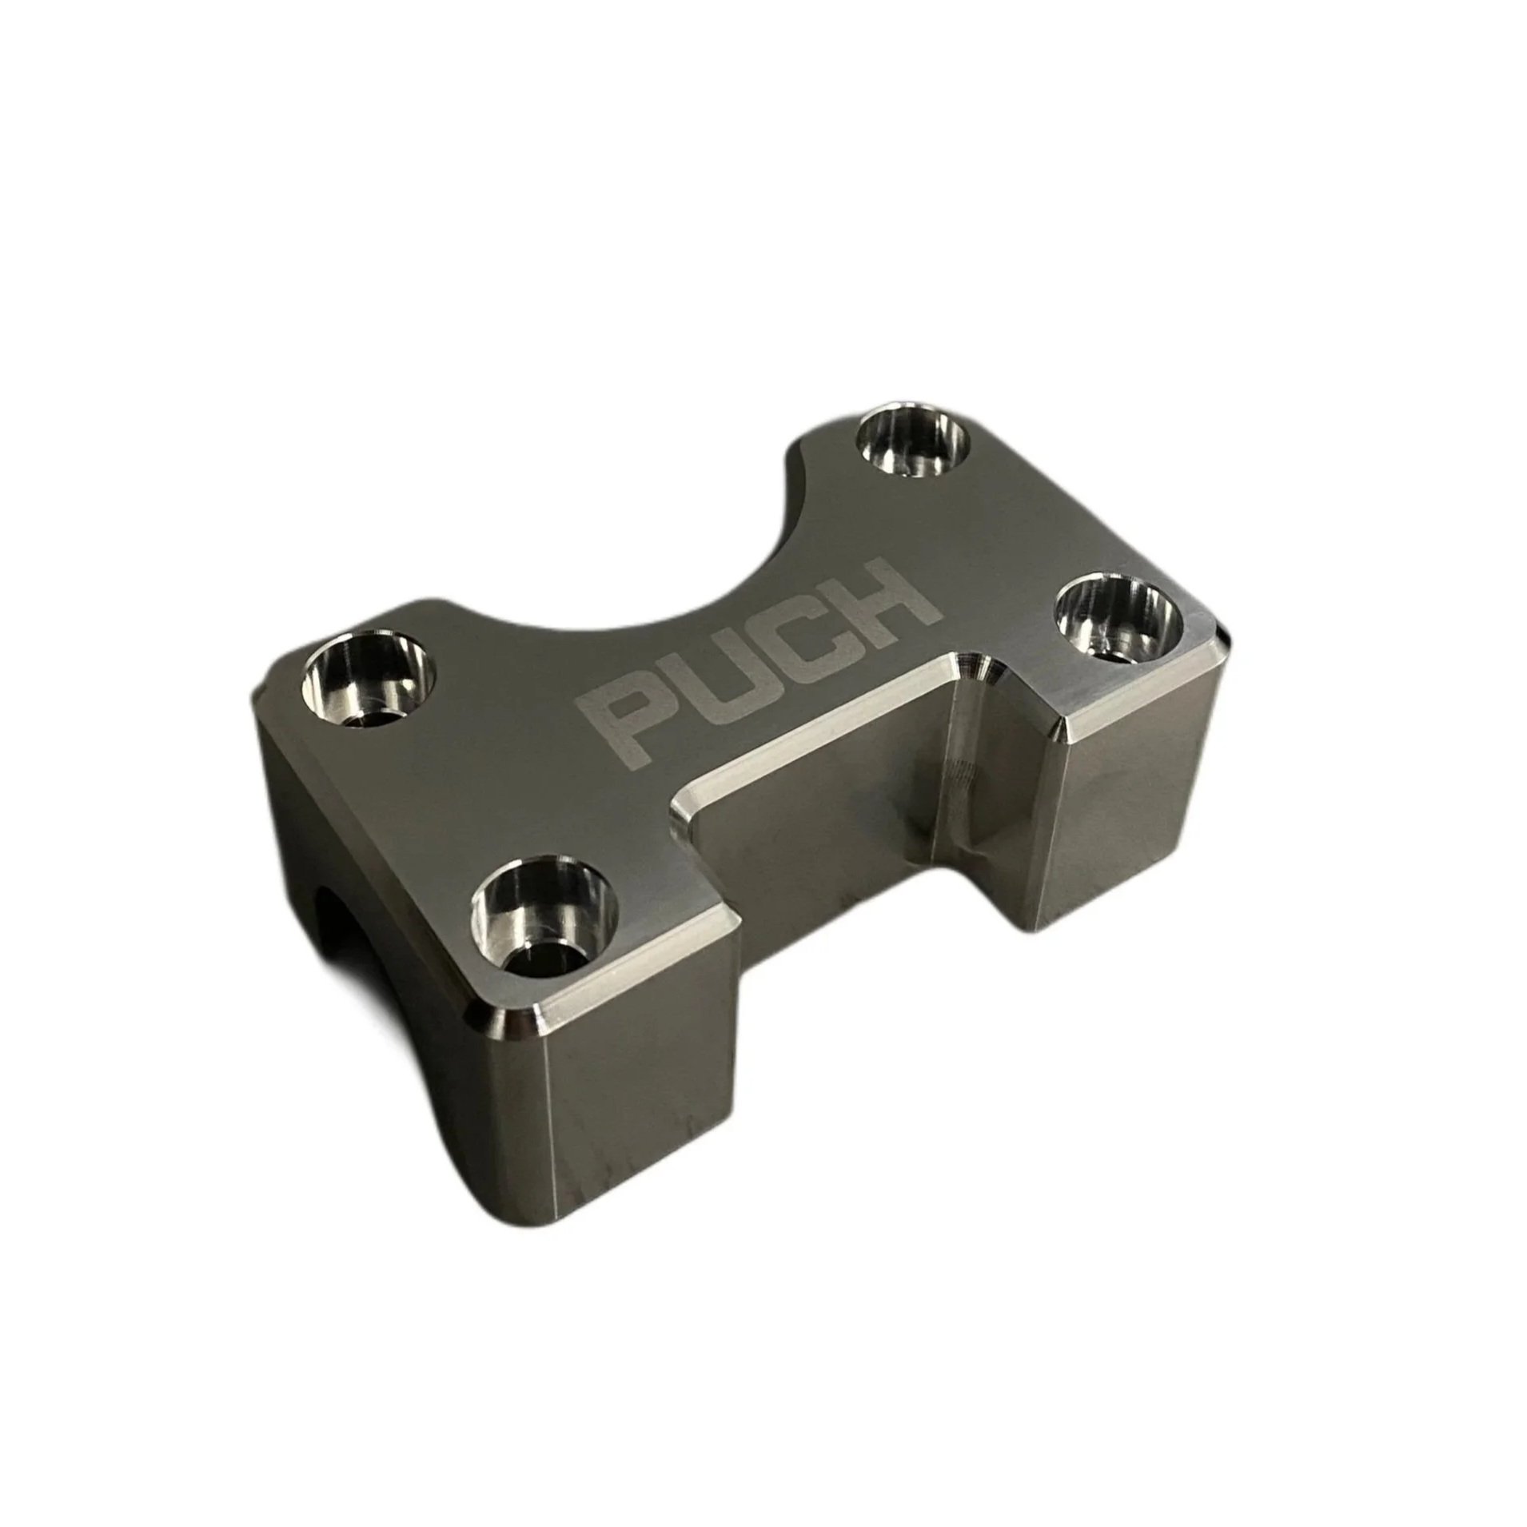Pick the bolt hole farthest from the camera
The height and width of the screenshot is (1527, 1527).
pos(912,445)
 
